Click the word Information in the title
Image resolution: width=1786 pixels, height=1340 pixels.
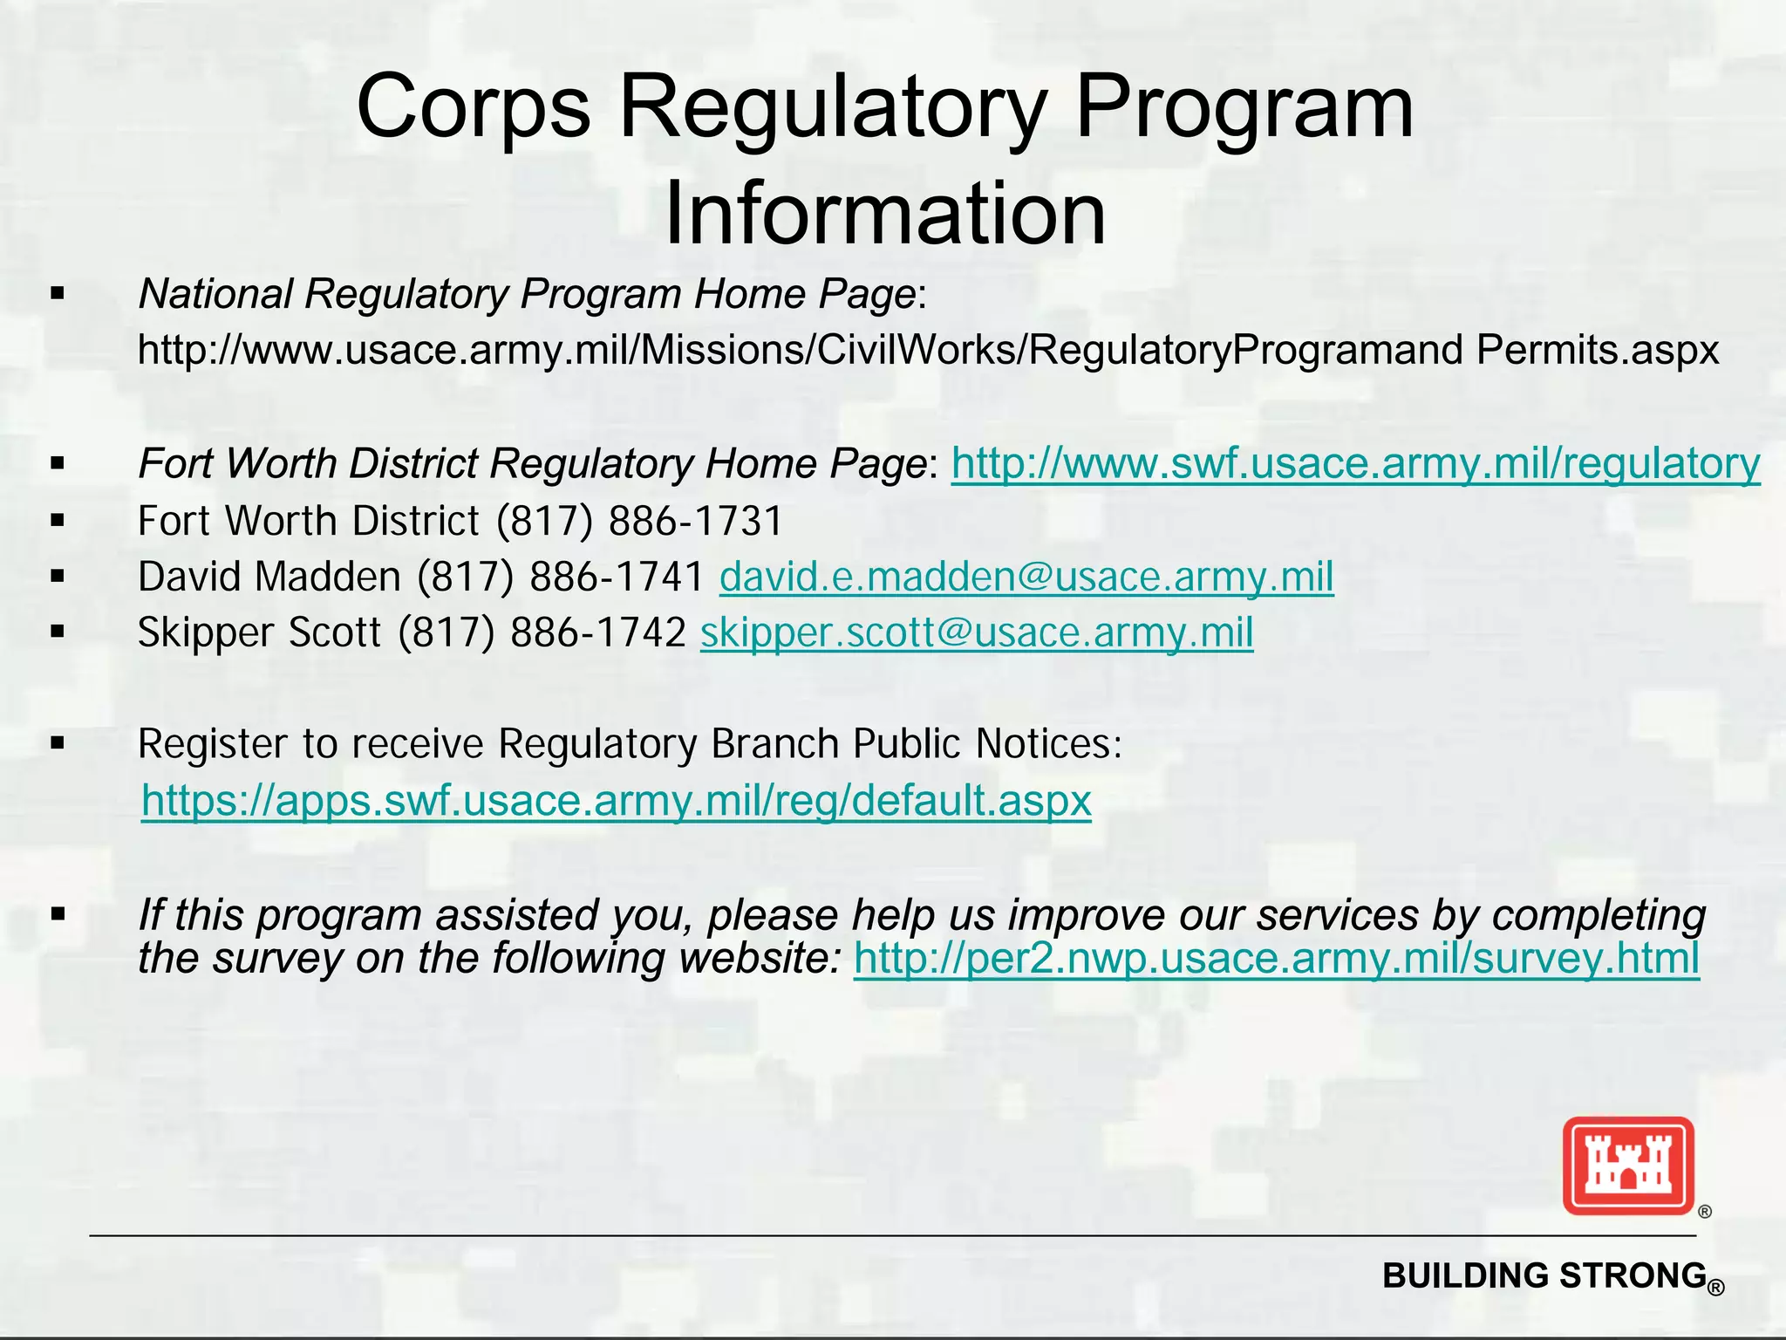(884, 215)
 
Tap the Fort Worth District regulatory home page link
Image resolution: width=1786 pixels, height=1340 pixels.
(1355, 463)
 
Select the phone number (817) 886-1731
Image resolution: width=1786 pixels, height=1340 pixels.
(639, 521)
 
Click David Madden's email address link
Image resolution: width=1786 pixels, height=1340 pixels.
(1026, 577)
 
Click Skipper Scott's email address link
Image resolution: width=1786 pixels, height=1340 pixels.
(976, 632)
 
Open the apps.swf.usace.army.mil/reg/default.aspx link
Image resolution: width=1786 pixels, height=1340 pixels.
(616, 800)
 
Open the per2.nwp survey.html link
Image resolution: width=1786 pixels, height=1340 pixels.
(1276, 958)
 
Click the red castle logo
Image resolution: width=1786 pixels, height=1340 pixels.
(1627, 1166)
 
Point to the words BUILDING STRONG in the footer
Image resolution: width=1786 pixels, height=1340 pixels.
(1544, 1275)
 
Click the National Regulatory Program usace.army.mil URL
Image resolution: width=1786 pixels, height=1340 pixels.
(928, 350)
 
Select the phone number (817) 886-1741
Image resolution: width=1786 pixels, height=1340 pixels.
(560, 577)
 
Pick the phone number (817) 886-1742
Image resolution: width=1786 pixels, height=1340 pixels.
(542, 632)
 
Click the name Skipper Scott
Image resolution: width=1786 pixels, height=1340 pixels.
(259, 632)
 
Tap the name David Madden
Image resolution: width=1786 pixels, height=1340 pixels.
(269, 577)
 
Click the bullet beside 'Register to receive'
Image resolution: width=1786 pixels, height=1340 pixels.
(58, 744)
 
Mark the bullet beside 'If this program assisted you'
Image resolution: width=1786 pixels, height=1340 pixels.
(58, 915)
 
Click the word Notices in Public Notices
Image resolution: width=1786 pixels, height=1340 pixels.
(1047, 744)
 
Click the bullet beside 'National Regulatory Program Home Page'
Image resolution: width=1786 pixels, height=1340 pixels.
(58, 294)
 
